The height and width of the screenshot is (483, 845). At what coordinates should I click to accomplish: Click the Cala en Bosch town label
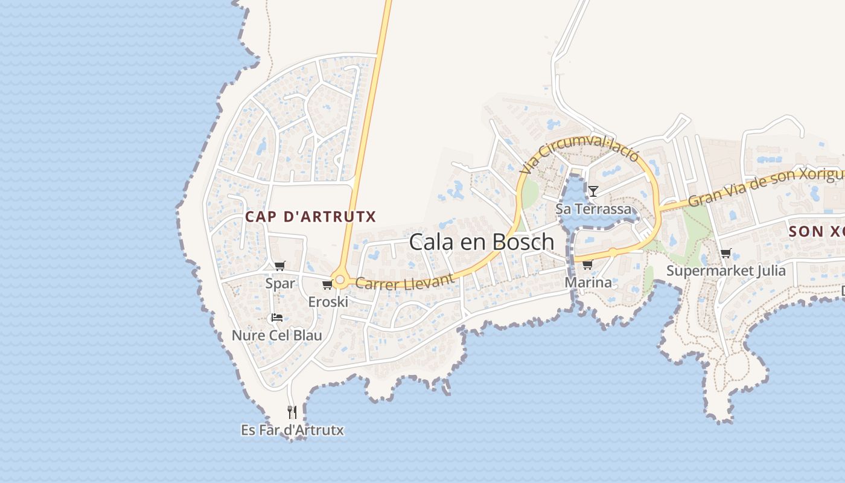pyautogui.click(x=481, y=241)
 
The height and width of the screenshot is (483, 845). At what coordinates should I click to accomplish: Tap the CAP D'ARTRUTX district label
pyautogui.click(x=310, y=217)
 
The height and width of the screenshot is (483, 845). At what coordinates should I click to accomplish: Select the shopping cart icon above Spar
pyautogui.click(x=279, y=266)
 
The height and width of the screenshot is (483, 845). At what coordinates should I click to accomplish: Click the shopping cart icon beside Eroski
pyautogui.click(x=327, y=284)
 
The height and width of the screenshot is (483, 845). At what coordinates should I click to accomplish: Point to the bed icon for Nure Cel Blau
pyautogui.click(x=276, y=318)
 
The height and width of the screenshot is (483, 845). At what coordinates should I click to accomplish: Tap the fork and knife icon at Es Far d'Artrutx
pyautogui.click(x=292, y=412)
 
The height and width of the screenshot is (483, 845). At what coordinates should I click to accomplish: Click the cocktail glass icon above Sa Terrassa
pyautogui.click(x=593, y=191)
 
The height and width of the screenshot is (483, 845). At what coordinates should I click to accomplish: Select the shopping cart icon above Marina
pyautogui.click(x=587, y=264)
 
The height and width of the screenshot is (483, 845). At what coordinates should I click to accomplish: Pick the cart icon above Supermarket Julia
pyautogui.click(x=725, y=254)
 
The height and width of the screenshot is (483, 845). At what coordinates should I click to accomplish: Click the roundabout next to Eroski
pyautogui.click(x=340, y=280)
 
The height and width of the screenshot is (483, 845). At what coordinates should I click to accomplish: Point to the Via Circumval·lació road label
pyautogui.click(x=579, y=153)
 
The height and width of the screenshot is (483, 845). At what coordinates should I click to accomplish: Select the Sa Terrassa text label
pyautogui.click(x=593, y=210)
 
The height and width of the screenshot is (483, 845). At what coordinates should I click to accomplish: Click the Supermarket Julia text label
pyautogui.click(x=725, y=270)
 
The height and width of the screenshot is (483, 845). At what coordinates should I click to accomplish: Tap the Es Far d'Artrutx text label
pyautogui.click(x=292, y=430)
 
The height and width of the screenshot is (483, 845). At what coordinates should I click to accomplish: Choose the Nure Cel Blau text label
pyautogui.click(x=277, y=336)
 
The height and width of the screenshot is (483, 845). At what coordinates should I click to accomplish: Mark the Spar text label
pyautogui.click(x=280, y=283)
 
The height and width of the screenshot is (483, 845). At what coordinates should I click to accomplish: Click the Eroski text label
pyautogui.click(x=328, y=302)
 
